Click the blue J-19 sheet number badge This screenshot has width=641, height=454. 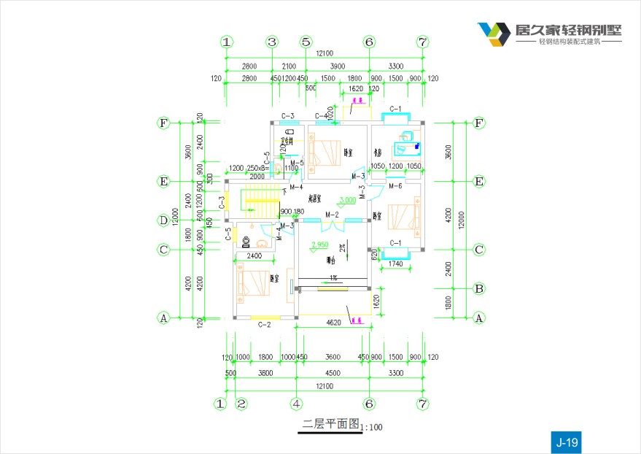[566, 442]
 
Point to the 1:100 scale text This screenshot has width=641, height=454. [371, 427]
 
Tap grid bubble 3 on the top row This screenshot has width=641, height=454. [272, 42]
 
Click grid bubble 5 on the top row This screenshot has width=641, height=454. [306, 42]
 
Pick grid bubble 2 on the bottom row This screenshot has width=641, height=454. [242, 403]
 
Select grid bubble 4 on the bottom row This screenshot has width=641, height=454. [297, 403]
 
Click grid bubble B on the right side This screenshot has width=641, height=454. [479, 288]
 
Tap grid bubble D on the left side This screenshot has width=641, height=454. [164, 220]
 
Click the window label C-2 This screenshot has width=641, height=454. [265, 325]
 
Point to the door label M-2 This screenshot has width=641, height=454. [332, 215]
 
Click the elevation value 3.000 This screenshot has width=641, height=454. [348, 199]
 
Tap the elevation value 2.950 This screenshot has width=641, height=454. [320, 245]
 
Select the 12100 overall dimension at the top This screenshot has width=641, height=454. [325, 54]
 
